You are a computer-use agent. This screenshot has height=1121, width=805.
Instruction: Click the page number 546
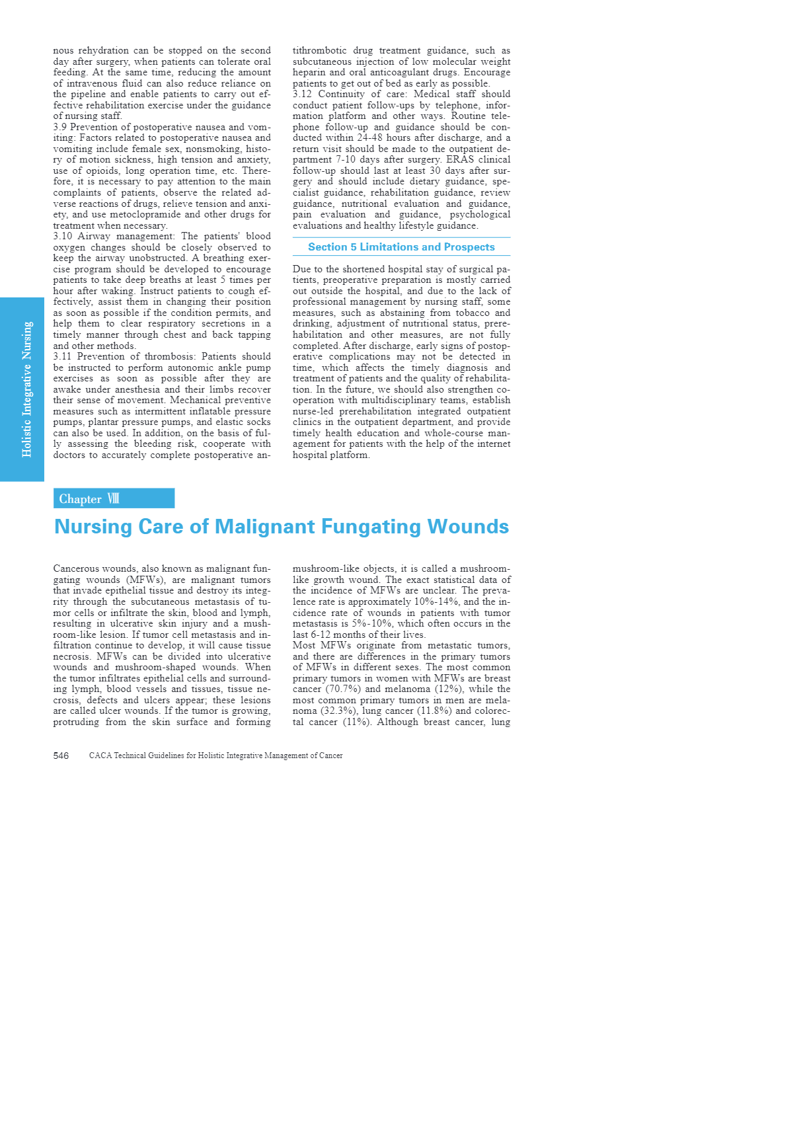coord(61,755)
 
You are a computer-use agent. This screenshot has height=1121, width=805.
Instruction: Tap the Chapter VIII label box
coord(114,498)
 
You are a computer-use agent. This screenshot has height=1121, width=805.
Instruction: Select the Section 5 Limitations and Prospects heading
coord(401,247)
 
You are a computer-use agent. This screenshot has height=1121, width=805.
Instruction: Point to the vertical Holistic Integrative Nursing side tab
coord(26,389)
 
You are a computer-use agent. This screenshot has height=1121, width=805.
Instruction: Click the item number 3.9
coord(60,127)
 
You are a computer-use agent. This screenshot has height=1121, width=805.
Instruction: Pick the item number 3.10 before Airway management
coord(63,237)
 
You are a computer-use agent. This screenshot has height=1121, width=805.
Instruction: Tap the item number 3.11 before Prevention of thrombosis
coord(62,357)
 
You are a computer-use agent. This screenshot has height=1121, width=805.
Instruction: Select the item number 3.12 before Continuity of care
coord(302,95)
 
